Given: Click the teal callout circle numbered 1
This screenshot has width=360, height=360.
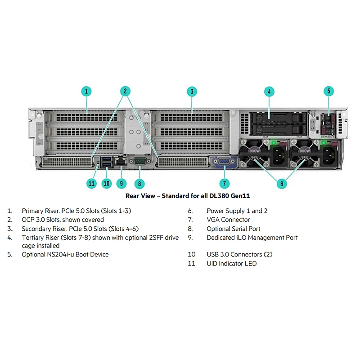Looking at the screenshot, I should coord(86,91).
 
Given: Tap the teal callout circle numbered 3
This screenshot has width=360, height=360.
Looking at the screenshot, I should coord(192,91).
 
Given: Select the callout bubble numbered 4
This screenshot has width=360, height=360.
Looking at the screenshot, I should coord(269,91).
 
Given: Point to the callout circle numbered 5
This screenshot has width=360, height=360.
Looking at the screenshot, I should coord(329,91).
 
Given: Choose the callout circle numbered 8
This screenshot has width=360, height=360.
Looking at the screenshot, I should coord(139,183).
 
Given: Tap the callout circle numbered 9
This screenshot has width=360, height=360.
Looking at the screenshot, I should coord(121,183).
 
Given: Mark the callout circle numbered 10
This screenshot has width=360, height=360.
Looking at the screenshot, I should coord(107,183).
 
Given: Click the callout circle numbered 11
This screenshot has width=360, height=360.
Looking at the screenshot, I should coord(92,183).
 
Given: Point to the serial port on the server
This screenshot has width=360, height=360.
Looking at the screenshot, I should coord(139,162).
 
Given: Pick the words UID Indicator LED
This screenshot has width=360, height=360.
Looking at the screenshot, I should coord(231,264).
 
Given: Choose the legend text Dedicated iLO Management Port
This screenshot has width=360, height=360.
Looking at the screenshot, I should coord(252,238).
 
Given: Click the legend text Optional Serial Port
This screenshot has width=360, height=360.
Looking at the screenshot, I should coord(234,229).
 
